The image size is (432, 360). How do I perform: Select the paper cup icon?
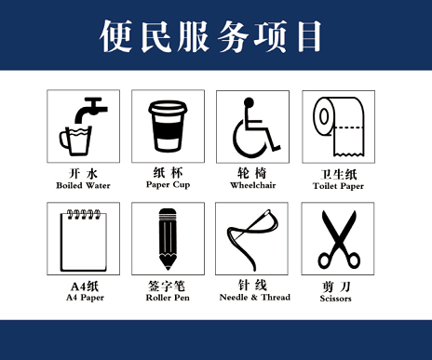[x=168, y=126]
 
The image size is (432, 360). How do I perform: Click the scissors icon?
[x=337, y=238]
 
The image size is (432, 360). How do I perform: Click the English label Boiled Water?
[x=82, y=186]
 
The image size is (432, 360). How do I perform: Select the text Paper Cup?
[x=168, y=184]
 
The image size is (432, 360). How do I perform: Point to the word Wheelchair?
[x=252, y=185]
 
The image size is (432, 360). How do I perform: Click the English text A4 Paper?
[x=82, y=298]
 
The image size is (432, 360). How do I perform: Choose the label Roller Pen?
[x=168, y=298]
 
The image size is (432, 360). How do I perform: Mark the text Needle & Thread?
[x=252, y=298]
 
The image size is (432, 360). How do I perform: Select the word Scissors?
[x=337, y=299]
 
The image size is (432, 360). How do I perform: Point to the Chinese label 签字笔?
[x=168, y=286]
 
